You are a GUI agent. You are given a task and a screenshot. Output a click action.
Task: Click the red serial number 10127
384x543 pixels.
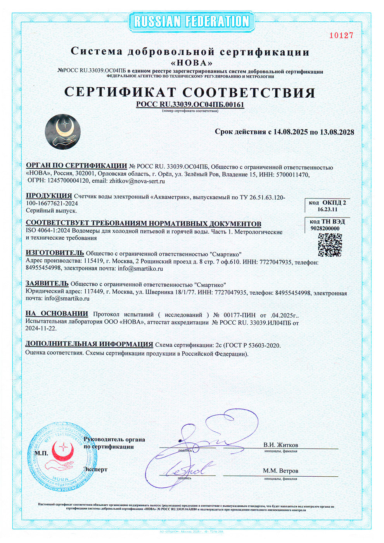[x=341, y=36]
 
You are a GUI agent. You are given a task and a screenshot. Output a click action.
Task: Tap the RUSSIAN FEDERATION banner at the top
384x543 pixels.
[x=192, y=22]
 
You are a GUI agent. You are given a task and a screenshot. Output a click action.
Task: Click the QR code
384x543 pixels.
[x=330, y=245]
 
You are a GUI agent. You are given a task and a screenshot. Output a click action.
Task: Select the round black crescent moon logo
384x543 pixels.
[x=63, y=132]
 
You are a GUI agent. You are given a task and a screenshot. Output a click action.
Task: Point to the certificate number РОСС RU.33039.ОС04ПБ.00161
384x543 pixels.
[x=190, y=104]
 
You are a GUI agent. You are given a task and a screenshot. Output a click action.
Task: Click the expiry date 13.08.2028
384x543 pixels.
[x=337, y=132]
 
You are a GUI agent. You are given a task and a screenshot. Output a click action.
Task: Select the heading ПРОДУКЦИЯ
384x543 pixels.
[x=49, y=196]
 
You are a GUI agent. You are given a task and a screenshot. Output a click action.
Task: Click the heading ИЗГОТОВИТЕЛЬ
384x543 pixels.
[x=55, y=253]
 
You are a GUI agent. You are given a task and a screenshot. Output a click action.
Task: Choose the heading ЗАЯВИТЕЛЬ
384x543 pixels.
[x=47, y=284]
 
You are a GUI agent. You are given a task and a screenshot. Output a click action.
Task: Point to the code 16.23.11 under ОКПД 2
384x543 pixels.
[x=327, y=209]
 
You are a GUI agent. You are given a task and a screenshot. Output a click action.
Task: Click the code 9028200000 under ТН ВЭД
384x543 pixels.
[x=325, y=228]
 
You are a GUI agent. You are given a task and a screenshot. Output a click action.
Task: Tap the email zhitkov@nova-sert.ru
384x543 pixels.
[x=137, y=181]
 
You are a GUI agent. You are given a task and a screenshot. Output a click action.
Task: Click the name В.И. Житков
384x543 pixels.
[x=281, y=445]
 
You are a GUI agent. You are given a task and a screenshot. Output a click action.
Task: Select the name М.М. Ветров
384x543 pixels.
[x=280, y=471]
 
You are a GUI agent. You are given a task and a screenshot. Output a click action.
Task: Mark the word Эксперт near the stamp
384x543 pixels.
[x=95, y=469]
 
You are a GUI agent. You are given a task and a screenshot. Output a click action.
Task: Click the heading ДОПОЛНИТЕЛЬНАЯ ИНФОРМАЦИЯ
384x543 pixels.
[x=89, y=344]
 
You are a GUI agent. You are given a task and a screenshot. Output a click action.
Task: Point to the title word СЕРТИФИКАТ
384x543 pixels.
[x=120, y=92]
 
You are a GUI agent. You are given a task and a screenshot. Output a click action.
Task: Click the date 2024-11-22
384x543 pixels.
[x=41, y=329]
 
